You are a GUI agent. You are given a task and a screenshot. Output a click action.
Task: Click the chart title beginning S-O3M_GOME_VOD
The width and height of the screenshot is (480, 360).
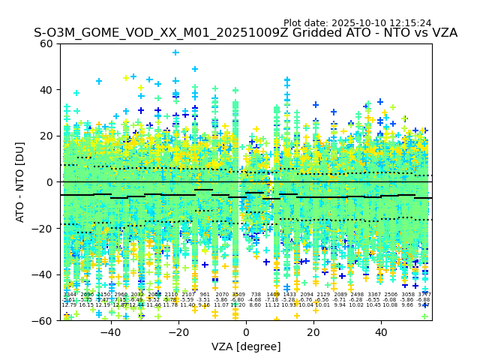245,33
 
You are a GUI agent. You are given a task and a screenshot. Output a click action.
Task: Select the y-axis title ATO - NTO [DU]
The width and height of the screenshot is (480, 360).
21,182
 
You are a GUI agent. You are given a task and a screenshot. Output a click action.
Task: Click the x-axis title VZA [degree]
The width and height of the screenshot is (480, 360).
246,346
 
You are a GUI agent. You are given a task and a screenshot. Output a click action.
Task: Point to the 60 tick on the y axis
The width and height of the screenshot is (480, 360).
47,43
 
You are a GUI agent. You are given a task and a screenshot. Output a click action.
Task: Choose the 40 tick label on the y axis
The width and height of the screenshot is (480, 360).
47,90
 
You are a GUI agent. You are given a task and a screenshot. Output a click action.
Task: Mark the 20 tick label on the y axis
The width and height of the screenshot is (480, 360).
47,136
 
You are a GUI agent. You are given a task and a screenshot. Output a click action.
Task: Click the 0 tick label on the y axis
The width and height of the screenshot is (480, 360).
50,182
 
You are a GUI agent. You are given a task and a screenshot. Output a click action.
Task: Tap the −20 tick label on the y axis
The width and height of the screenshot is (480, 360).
44,229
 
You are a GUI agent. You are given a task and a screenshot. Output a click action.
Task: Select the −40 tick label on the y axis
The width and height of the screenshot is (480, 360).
44,274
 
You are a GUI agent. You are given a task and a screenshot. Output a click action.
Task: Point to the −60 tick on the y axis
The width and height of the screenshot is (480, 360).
44,321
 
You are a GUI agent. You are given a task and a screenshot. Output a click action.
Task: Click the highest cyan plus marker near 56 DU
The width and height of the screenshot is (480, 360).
175,52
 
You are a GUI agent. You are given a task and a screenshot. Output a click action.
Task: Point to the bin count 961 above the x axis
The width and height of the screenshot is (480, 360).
205,295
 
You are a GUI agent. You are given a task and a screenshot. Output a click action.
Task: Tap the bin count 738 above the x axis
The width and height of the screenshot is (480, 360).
256,295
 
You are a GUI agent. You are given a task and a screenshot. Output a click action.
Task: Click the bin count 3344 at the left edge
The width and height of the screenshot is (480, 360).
69,295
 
